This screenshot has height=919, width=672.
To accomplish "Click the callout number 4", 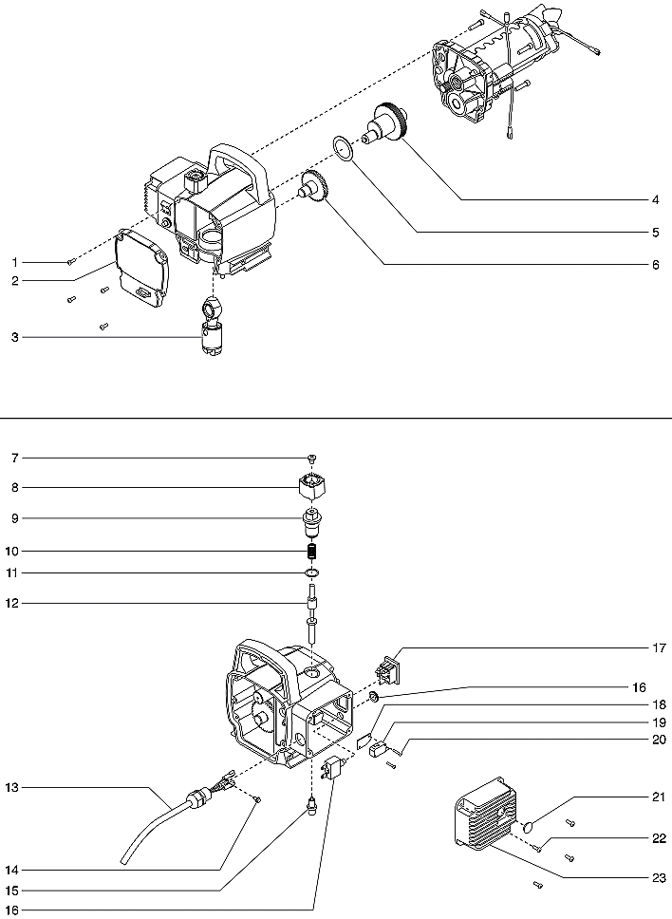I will tap(655, 200).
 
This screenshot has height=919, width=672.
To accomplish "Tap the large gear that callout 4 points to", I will tap(388, 123).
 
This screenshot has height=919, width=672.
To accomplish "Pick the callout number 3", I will tap(14, 337).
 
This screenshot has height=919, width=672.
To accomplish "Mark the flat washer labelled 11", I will tap(312, 573).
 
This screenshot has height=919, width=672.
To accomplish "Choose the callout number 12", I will tap(14, 603).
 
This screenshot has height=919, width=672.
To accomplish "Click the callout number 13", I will tap(14, 787).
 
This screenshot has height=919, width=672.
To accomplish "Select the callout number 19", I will tap(655, 722).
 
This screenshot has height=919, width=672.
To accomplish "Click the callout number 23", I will tap(655, 878).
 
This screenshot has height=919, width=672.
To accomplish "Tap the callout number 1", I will tap(14, 261).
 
